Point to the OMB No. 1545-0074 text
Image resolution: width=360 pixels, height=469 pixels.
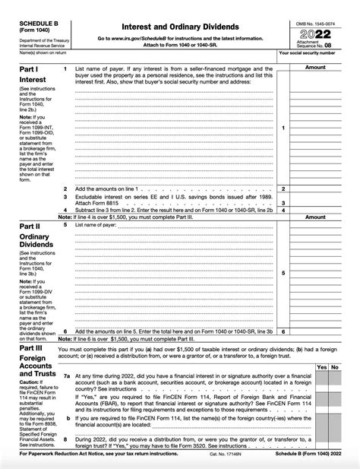pos(315,23)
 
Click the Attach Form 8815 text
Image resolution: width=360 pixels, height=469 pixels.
pos(101,202)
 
